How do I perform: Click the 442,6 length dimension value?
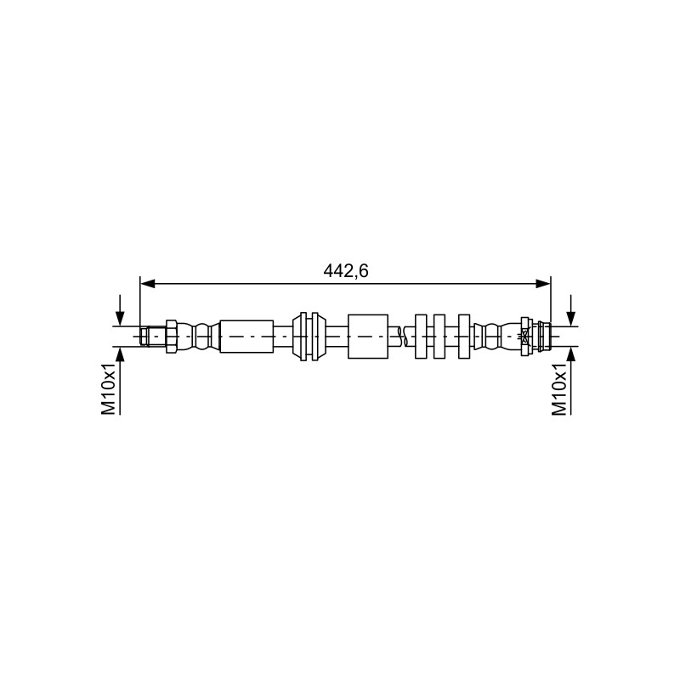(x=346, y=271)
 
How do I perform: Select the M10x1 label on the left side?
(x=109, y=389)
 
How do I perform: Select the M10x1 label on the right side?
(x=559, y=389)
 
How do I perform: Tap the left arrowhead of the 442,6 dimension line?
(x=148, y=284)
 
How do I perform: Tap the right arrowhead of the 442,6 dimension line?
(x=543, y=284)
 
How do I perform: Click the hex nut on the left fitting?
(x=172, y=336)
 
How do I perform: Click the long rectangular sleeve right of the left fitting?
(x=246, y=336)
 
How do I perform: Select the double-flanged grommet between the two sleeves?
(x=309, y=336)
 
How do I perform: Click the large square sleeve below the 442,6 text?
(x=368, y=336)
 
